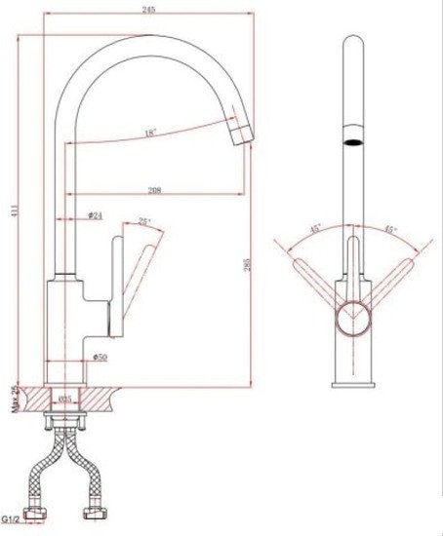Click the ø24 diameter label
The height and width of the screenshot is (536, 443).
95,216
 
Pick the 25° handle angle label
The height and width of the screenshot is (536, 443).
145,222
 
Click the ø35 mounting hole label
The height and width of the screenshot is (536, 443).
65,399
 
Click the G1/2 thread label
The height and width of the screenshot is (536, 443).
13,520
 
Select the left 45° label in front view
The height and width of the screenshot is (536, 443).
315,230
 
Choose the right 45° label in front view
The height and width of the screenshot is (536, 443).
389,230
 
